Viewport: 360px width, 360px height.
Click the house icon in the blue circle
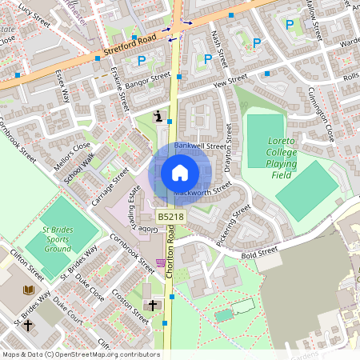coord(180,173)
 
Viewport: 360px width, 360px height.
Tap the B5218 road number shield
coord(169,217)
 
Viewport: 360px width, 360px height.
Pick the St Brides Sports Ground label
coord(58,238)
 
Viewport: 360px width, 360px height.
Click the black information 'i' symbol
coord(159,116)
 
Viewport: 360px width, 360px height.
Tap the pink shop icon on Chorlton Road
coord(161,262)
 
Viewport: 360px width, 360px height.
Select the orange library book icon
coord(30,289)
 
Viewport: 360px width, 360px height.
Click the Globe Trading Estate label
coord(137,210)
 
